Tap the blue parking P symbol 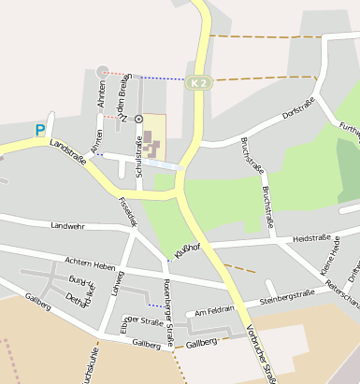pyautogui.click(x=40, y=130)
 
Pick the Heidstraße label pyautogui.click(x=311, y=240)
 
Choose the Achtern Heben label pyautogui.click(x=90, y=262)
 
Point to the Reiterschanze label pyautogui.click(x=343, y=293)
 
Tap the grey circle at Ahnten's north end pyautogui.click(x=102, y=71)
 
